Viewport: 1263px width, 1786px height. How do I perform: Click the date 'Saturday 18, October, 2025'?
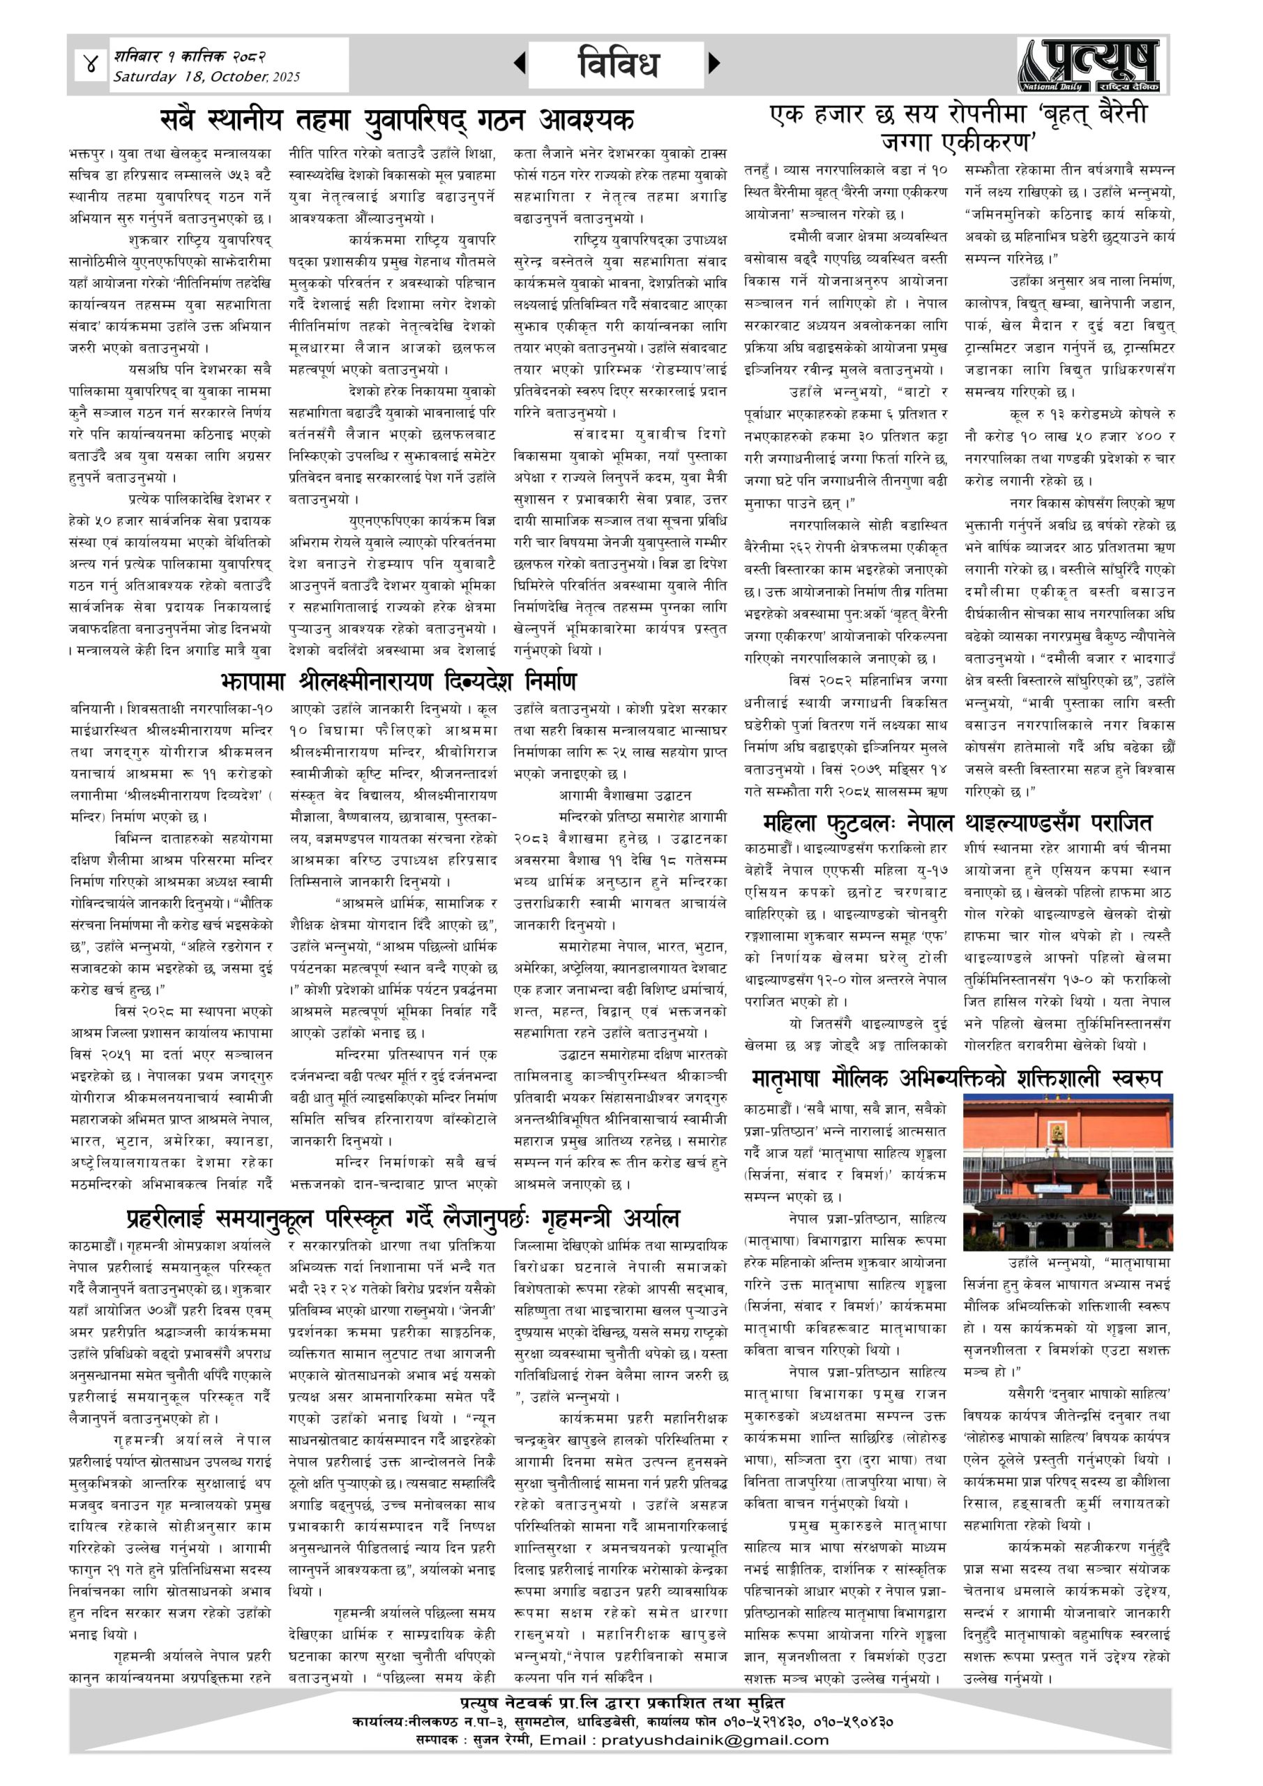206,77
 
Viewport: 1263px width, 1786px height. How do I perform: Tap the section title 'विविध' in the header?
619,63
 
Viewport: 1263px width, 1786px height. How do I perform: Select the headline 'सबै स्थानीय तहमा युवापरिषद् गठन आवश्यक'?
397,121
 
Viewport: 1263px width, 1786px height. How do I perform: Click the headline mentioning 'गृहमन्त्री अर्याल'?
403,1218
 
